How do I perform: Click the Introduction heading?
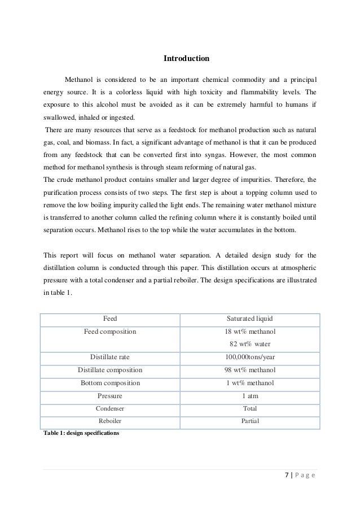tap(186, 58)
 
